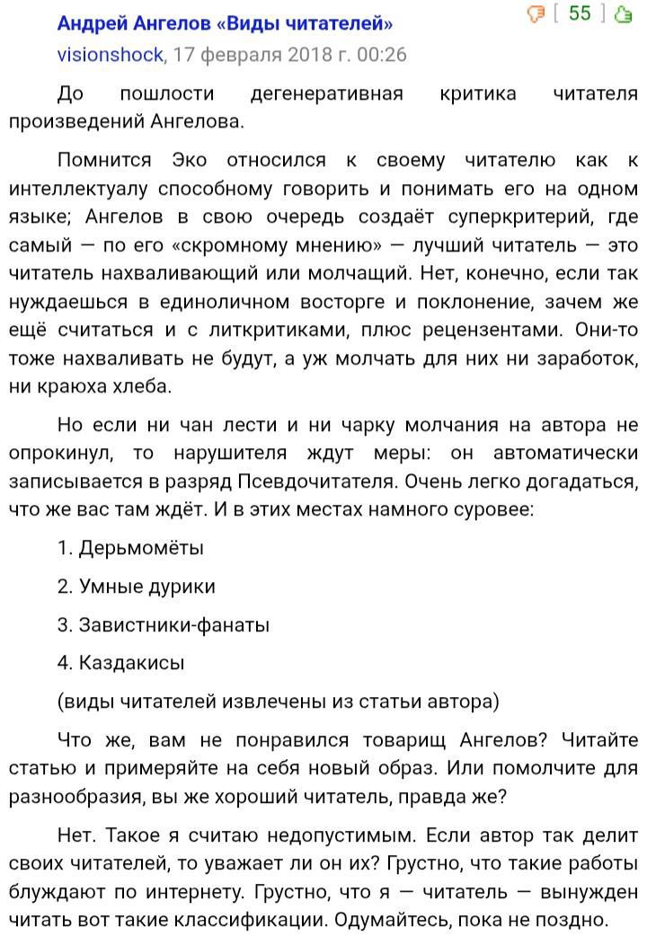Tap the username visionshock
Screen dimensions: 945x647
111,55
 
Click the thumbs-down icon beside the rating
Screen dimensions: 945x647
536,13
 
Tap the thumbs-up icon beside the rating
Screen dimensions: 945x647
622,14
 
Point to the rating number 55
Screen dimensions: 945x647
580,13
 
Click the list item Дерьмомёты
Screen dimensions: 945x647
141,548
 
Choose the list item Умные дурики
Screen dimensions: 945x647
147,587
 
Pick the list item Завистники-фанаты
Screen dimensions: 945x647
174,625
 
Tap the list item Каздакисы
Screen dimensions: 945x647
132,664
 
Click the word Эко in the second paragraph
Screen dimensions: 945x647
190,161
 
